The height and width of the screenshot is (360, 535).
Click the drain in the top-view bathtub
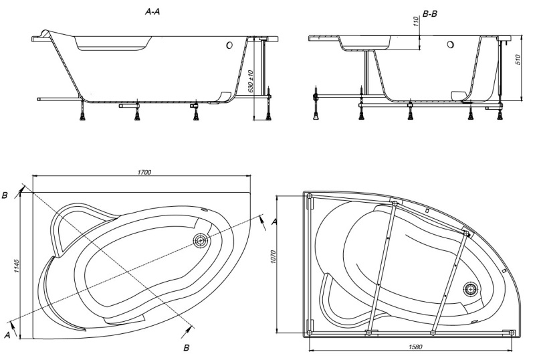[x=200, y=240]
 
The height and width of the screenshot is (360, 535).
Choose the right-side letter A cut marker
[x=274, y=221]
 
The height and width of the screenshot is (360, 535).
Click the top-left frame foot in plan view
[x=310, y=196]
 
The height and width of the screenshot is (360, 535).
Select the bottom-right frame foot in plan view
[x=512, y=331]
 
